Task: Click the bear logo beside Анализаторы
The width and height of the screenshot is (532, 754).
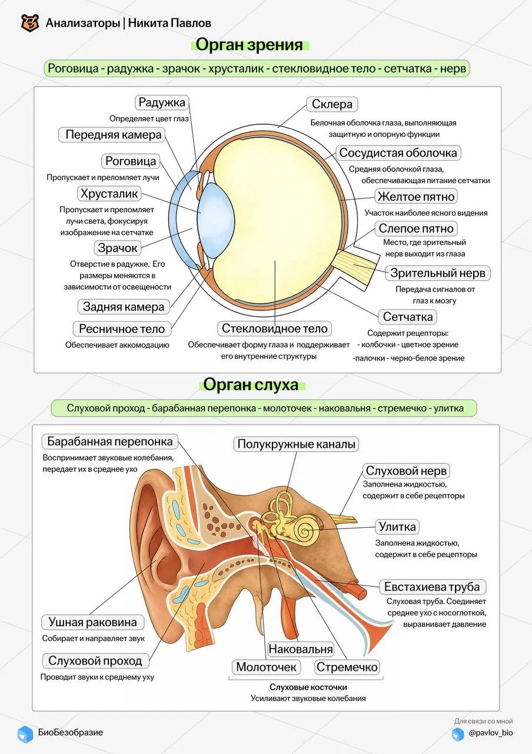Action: pos(30,23)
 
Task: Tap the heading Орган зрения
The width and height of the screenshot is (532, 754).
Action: pos(249,44)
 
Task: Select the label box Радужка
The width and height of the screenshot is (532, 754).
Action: pos(162,102)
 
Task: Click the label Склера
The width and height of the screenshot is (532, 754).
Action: pos(332,104)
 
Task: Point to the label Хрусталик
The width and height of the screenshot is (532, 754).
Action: pos(109,194)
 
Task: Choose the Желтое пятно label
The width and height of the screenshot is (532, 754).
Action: pos(416,197)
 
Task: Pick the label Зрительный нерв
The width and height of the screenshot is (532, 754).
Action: pos(438,273)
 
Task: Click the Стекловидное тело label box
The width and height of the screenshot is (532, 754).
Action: pos(274,329)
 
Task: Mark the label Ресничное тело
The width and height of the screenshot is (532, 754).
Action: pos(122,329)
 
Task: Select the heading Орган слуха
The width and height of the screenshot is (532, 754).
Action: pos(251,385)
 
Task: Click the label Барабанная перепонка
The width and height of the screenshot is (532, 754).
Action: pos(109,441)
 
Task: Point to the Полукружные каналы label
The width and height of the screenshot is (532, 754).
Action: pos(296,444)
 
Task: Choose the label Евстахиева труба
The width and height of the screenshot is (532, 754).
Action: pos(432,587)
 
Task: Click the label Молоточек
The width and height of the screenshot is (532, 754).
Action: pos(266,667)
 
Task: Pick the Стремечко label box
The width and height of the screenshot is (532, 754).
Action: pos(347,667)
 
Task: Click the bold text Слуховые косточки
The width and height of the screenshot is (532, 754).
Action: pos(308,687)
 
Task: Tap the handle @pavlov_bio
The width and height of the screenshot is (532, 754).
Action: pos(491,732)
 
